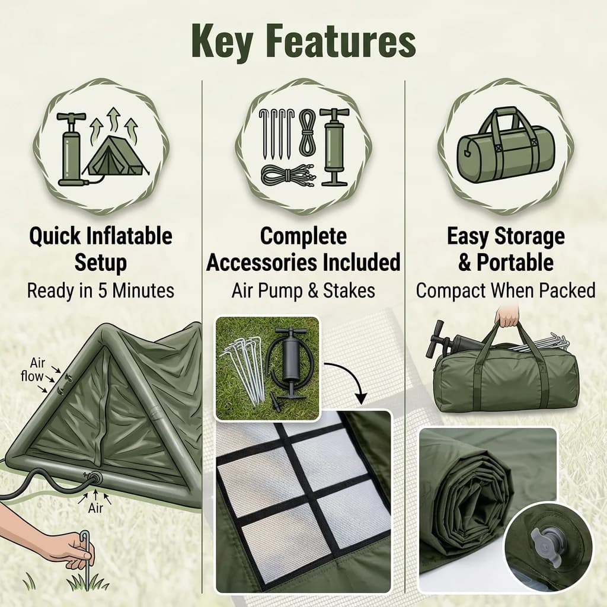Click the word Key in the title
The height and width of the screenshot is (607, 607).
pyautogui.click(x=222, y=41)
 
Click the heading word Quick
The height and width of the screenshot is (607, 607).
pyautogui.click(x=55, y=237)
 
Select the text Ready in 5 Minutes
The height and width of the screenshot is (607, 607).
pyautogui.click(x=101, y=290)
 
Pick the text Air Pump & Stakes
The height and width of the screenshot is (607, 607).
pyautogui.click(x=303, y=290)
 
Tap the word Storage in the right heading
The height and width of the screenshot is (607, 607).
pyautogui.click(x=529, y=237)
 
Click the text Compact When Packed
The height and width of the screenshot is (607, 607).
pyautogui.click(x=506, y=290)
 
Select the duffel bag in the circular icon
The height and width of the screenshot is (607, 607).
pyautogui.click(x=506, y=145)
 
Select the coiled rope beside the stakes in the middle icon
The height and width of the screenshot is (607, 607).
pyautogui.click(x=308, y=132)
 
